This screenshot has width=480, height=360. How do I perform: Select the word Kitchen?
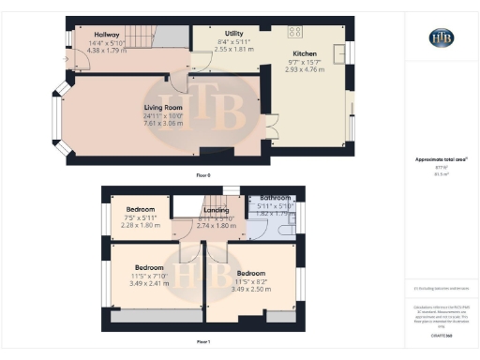[x=305, y=54]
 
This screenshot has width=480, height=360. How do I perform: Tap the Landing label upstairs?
[x=222, y=211]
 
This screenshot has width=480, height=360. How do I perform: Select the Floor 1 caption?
[x=203, y=340]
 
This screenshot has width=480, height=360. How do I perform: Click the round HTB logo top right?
[x=442, y=37]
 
